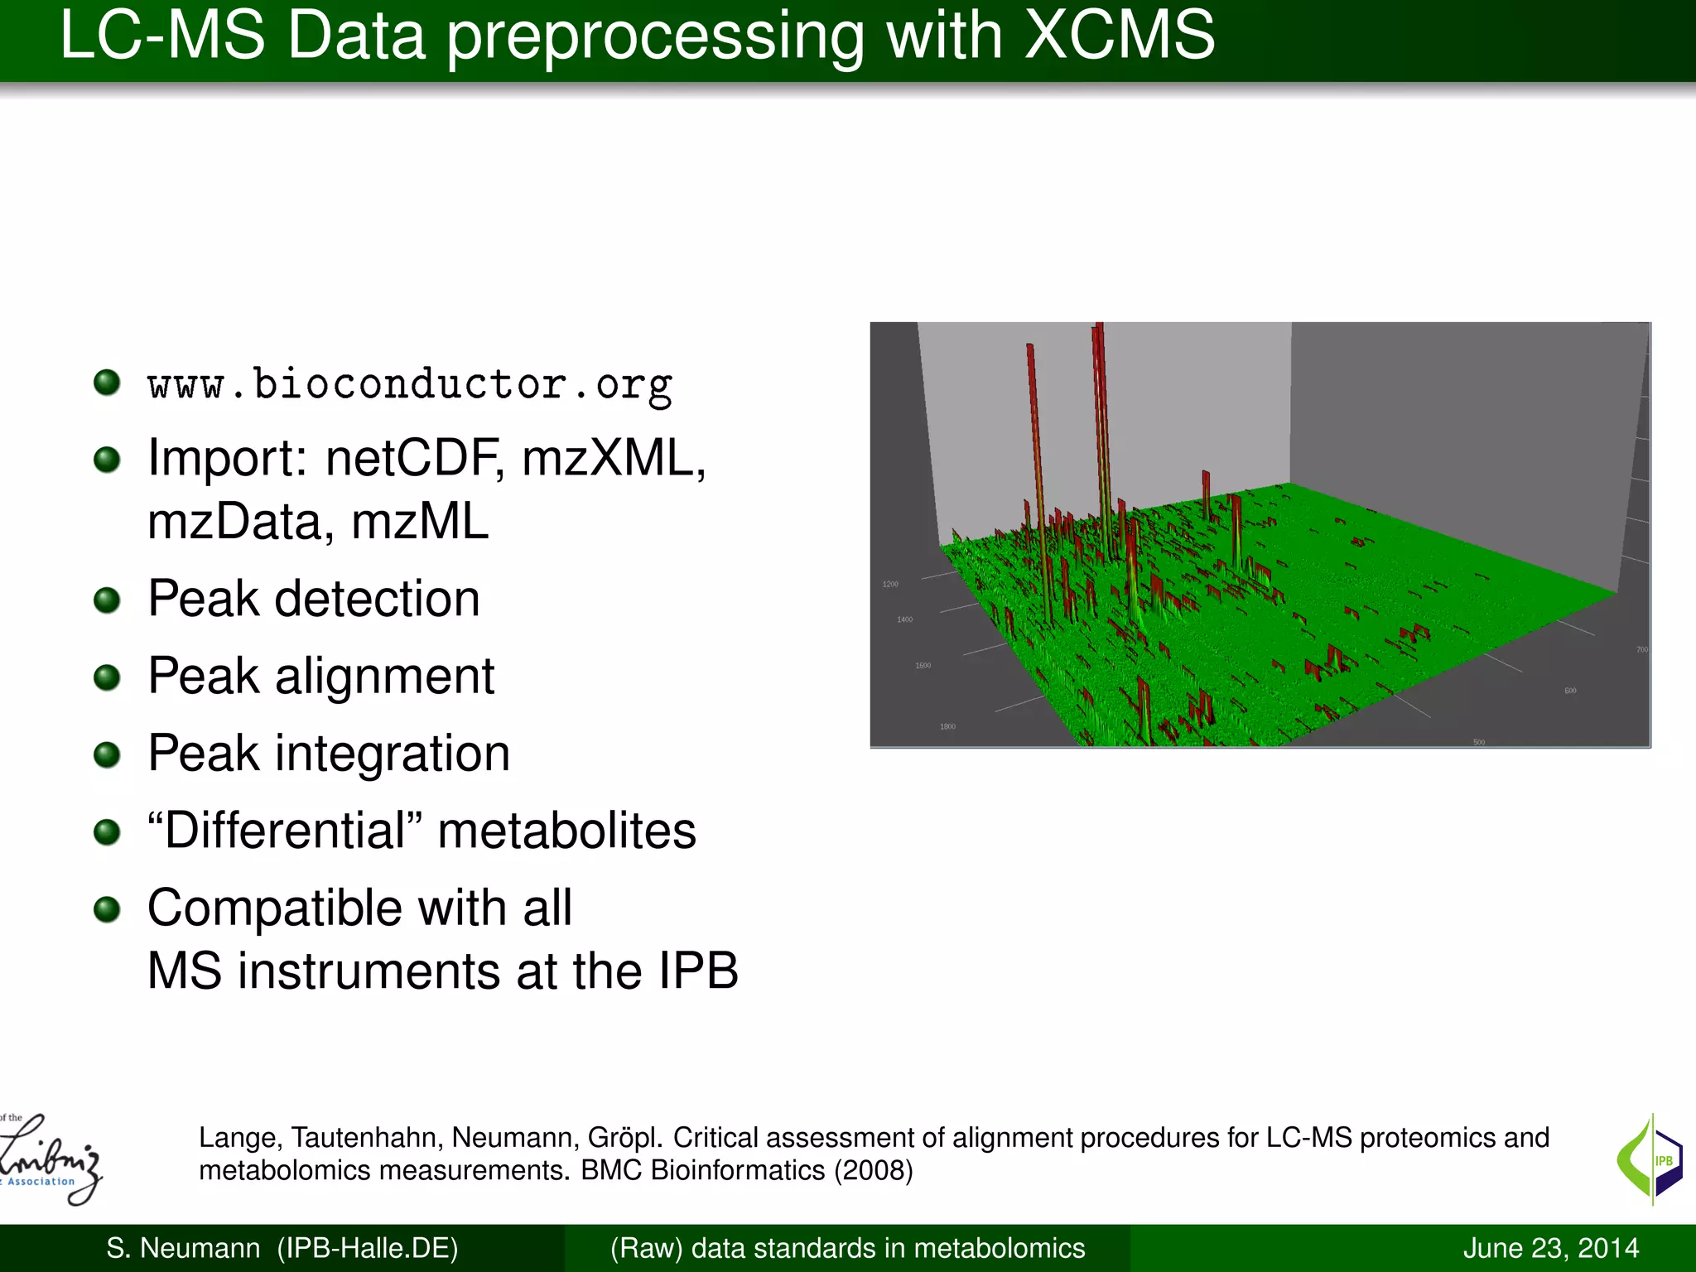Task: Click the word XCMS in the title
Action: (x=1120, y=36)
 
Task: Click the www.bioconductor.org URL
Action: (x=409, y=384)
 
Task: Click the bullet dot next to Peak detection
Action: (x=107, y=600)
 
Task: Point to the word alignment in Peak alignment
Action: (x=384, y=676)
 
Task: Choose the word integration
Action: (x=392, y=754)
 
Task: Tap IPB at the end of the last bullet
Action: (x=697, y=971)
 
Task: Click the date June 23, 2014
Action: (x=1550, y=1248)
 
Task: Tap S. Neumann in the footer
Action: (x=182, y=1248)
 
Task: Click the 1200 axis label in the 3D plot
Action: (x=890, y=585)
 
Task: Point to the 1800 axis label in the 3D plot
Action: (x=947, y=727)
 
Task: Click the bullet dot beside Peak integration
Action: (x=107, y=754)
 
